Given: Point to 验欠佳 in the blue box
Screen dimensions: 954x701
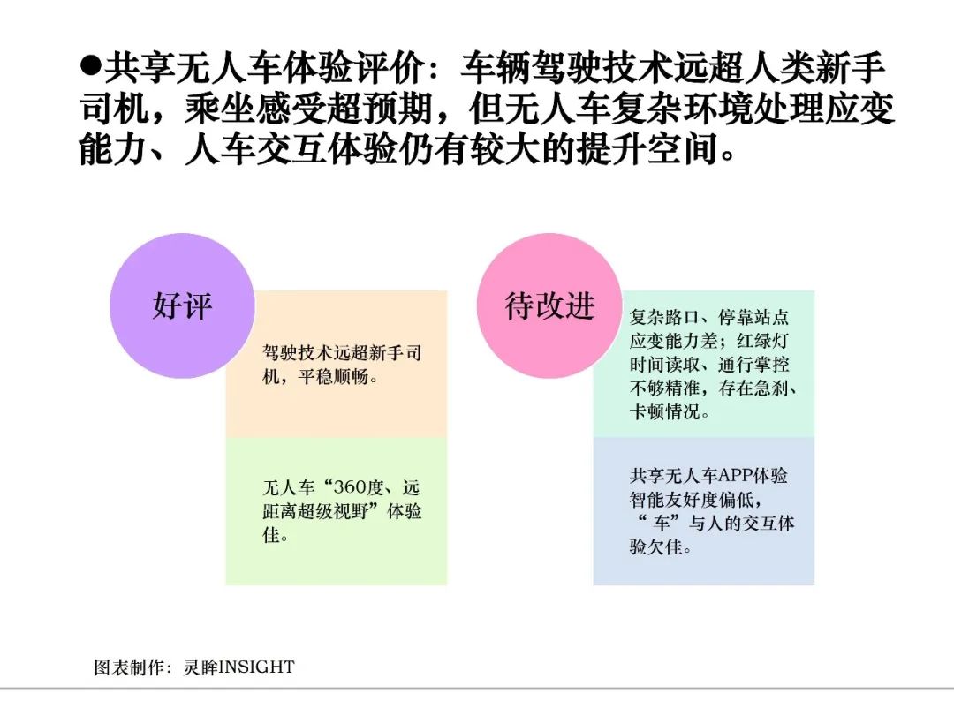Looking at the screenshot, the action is tap(658, 547).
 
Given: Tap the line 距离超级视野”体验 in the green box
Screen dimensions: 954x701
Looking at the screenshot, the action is tap(342, 511).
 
